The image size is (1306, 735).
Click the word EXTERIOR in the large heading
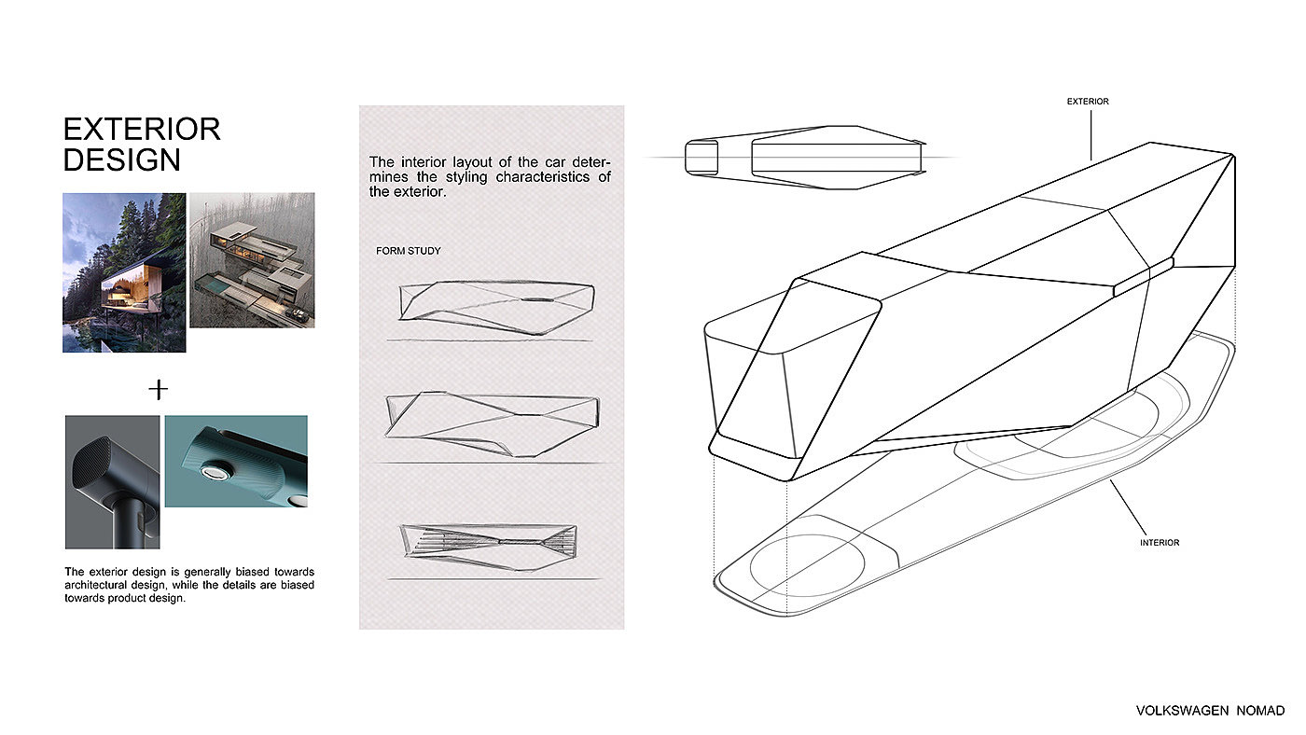coord(142,129)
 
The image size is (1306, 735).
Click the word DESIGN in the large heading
coord(122,159)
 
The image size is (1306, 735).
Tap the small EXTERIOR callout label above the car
coord(1088,102)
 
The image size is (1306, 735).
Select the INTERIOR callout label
coord(1159,543)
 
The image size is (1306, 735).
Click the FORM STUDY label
coord(409,251)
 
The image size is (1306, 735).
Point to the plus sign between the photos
coord(158,389)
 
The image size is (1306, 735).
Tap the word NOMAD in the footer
coord(1260,711)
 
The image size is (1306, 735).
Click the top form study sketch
coord(496,307)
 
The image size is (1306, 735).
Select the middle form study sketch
coord(493,423)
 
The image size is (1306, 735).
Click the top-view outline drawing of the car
coord(805,158)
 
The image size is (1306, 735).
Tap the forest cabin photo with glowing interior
coord(124,272)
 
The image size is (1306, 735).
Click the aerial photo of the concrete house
coord(252,260)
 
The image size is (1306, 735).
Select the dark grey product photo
coord(113,482)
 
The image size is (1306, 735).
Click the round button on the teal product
coord(215,472)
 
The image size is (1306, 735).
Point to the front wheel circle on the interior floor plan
coord(807,565)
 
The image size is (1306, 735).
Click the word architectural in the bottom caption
coord(94,585)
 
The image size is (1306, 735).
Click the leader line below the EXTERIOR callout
coord(1091,135)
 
